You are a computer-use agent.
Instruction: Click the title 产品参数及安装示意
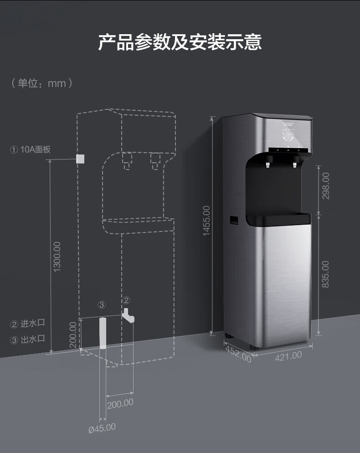[180, 42]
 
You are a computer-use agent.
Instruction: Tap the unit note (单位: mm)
[41, 83]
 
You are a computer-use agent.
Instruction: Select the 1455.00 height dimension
[206, 221]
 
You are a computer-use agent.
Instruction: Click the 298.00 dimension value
[325, 185]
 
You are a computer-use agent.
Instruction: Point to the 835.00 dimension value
[325, 274]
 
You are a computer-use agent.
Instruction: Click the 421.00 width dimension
[288, 355]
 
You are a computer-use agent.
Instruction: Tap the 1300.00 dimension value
[57, 257]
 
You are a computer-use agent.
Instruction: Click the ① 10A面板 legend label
[30, 149]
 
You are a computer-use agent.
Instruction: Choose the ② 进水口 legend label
[28, 324]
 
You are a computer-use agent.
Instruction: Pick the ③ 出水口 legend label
[28, 340]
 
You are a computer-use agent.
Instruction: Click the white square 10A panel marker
[81, 159]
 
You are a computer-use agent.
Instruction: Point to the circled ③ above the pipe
[102, 304]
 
